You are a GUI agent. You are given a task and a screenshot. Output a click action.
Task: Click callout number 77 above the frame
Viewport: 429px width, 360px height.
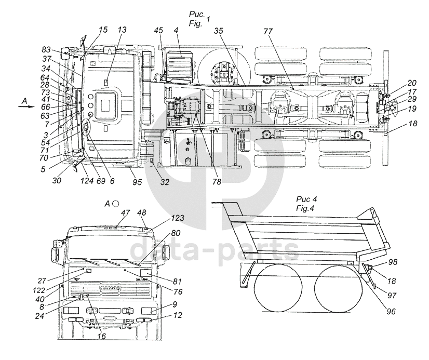(268, 32)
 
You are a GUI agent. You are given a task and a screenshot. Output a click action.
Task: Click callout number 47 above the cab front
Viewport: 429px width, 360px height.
(126, 213)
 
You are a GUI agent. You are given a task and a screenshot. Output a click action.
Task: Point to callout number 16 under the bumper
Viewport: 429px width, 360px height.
(101, 337)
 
